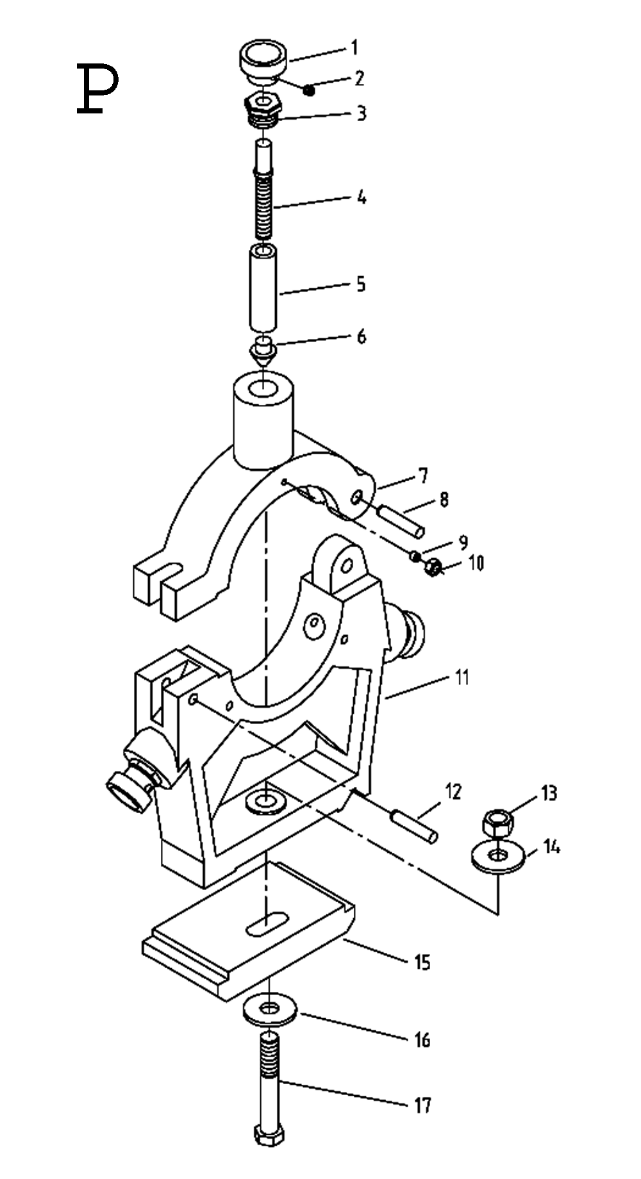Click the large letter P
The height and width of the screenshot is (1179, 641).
pos(97,89)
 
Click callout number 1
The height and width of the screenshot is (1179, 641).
pos(354,48)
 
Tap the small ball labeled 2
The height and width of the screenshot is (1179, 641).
pos(310,90)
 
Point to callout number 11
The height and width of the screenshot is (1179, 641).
pos(462,677)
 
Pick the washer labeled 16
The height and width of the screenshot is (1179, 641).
pos(270,1010)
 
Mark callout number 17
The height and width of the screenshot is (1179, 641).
pos(422,1105)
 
